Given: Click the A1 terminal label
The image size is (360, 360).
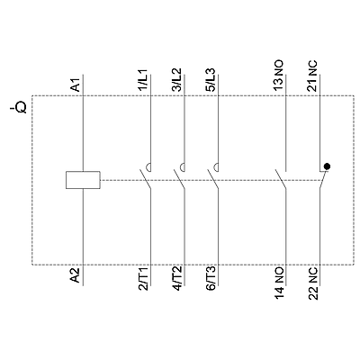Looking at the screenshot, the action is [x=76, y=85].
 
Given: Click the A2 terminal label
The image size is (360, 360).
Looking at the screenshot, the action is [x=76, y=275].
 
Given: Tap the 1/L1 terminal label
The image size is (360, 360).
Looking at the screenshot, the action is [x=144, y=80].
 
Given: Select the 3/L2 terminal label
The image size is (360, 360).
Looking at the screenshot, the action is [x=177, y=80].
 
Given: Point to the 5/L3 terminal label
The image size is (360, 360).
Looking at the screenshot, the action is [x=211, y=80].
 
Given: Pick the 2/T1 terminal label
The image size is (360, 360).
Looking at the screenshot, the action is [x=144, y=279].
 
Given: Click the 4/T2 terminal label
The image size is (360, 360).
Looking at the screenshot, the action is [x=177, y=279].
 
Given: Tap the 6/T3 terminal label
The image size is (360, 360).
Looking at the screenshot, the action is [x=211, y=279].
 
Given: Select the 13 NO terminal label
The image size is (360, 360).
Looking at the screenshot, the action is [x=279, y=76].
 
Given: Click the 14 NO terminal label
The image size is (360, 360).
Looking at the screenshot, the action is [x=279, y=284].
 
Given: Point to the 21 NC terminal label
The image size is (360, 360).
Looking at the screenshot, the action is [x=312, y=76].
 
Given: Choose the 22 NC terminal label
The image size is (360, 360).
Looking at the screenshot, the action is [x=312, y=284].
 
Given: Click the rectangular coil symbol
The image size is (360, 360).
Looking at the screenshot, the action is [x=83, y=180].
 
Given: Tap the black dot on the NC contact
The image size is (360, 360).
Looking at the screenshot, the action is [x=327, y=166].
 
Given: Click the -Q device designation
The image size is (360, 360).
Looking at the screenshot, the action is [x=20, y=108].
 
